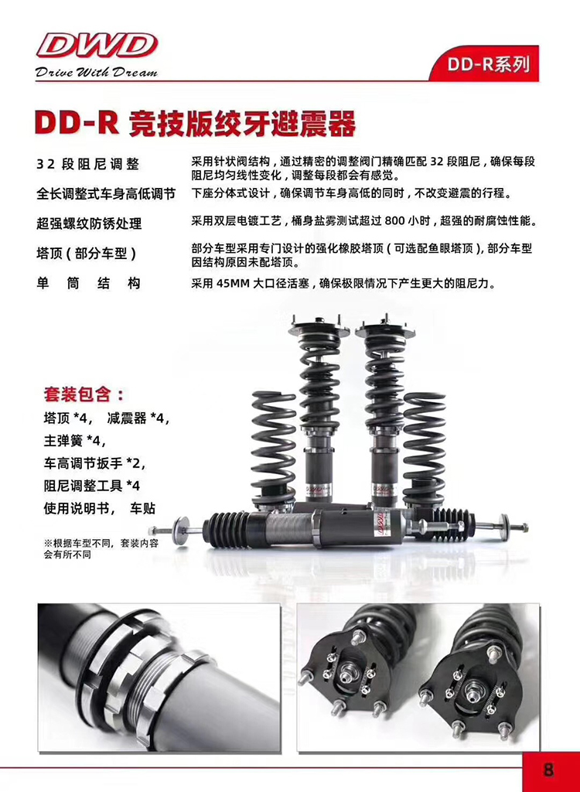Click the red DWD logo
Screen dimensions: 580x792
(96, 46)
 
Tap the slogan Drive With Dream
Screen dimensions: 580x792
(96, 72)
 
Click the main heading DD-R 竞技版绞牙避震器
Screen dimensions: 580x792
(195, 123)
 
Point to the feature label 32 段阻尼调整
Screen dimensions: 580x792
(87, 164)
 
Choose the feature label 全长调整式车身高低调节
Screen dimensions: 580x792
(106, 193)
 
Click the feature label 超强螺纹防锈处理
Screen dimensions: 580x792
(89, 224)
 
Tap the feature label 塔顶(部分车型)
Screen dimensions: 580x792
(87, 253)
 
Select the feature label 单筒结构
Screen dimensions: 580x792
(88, 283)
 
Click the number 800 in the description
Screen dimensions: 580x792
(395, 221)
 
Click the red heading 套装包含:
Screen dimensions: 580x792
(84, 394)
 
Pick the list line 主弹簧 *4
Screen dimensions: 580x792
(75, 440)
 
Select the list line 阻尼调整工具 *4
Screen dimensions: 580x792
(91, 486)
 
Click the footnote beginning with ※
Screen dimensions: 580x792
(101, 549)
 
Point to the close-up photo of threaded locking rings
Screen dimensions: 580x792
(159, 678)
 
